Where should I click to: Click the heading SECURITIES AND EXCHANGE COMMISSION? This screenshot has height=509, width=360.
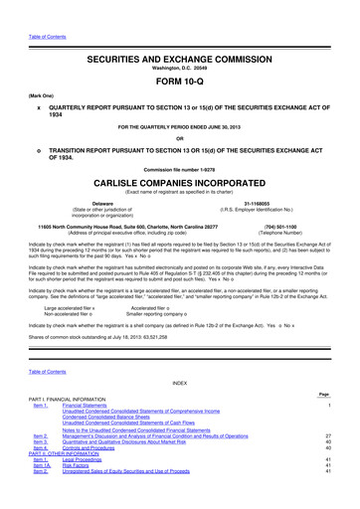180,32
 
